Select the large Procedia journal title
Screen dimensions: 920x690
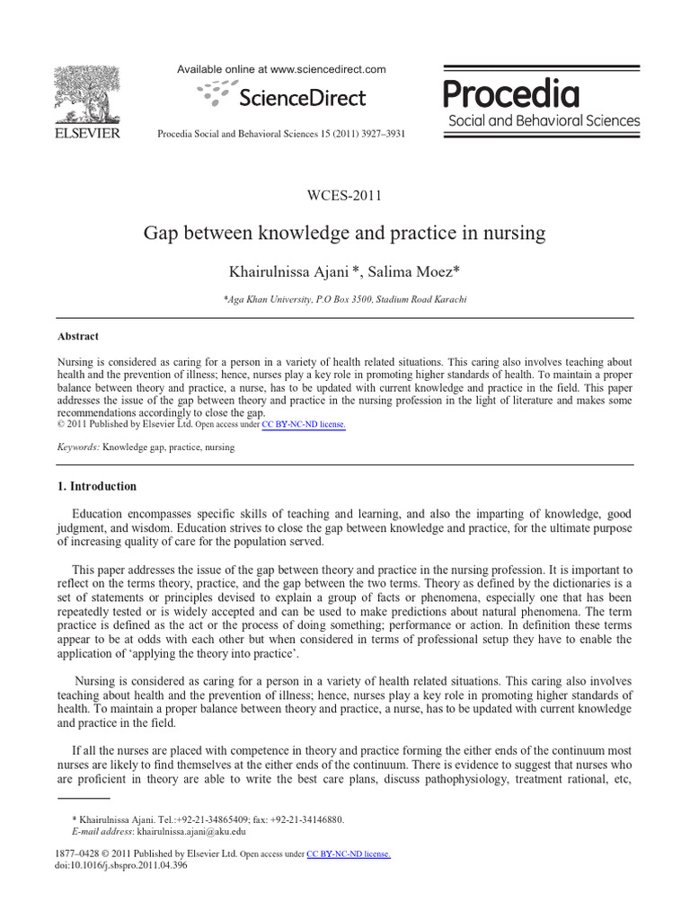point(512,93)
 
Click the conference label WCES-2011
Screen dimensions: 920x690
point(345,195)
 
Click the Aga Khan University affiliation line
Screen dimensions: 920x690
point(345,299)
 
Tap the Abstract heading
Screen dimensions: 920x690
point(78,336)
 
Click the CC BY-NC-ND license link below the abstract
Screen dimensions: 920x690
point(303,424)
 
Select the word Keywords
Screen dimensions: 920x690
point(77,447)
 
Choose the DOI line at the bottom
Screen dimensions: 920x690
point(121,866)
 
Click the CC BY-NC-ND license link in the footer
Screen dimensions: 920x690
point(349,854)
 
